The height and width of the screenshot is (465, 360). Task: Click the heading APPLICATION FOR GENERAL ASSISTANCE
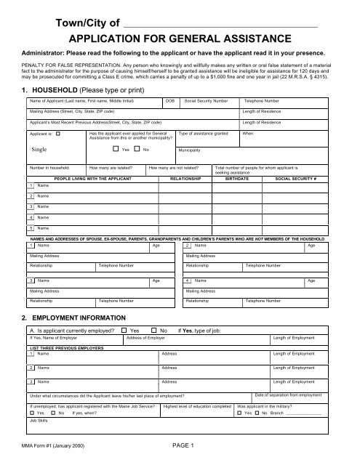(x=180, y=40)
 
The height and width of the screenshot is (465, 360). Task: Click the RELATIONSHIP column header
(x=189, y=177)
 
